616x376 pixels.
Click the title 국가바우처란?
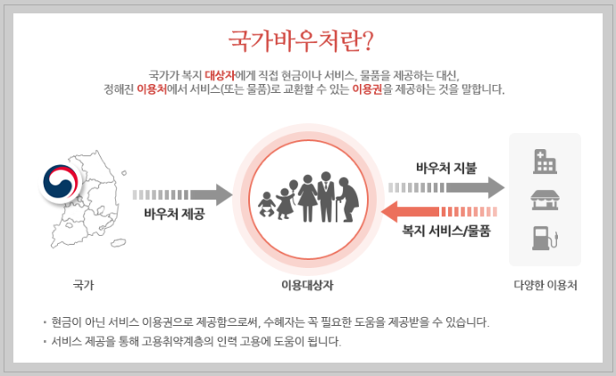pos(301,42)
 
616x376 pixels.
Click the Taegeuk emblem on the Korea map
pos(61,180)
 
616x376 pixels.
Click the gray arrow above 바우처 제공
pos(182,193)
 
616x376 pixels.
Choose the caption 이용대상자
pos(307,286)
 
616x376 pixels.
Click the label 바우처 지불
pos(446,167)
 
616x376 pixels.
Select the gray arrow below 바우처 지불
pos(446,188)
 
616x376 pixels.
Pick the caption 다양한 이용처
pos(545,286)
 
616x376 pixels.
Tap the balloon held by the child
pos(291,188)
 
